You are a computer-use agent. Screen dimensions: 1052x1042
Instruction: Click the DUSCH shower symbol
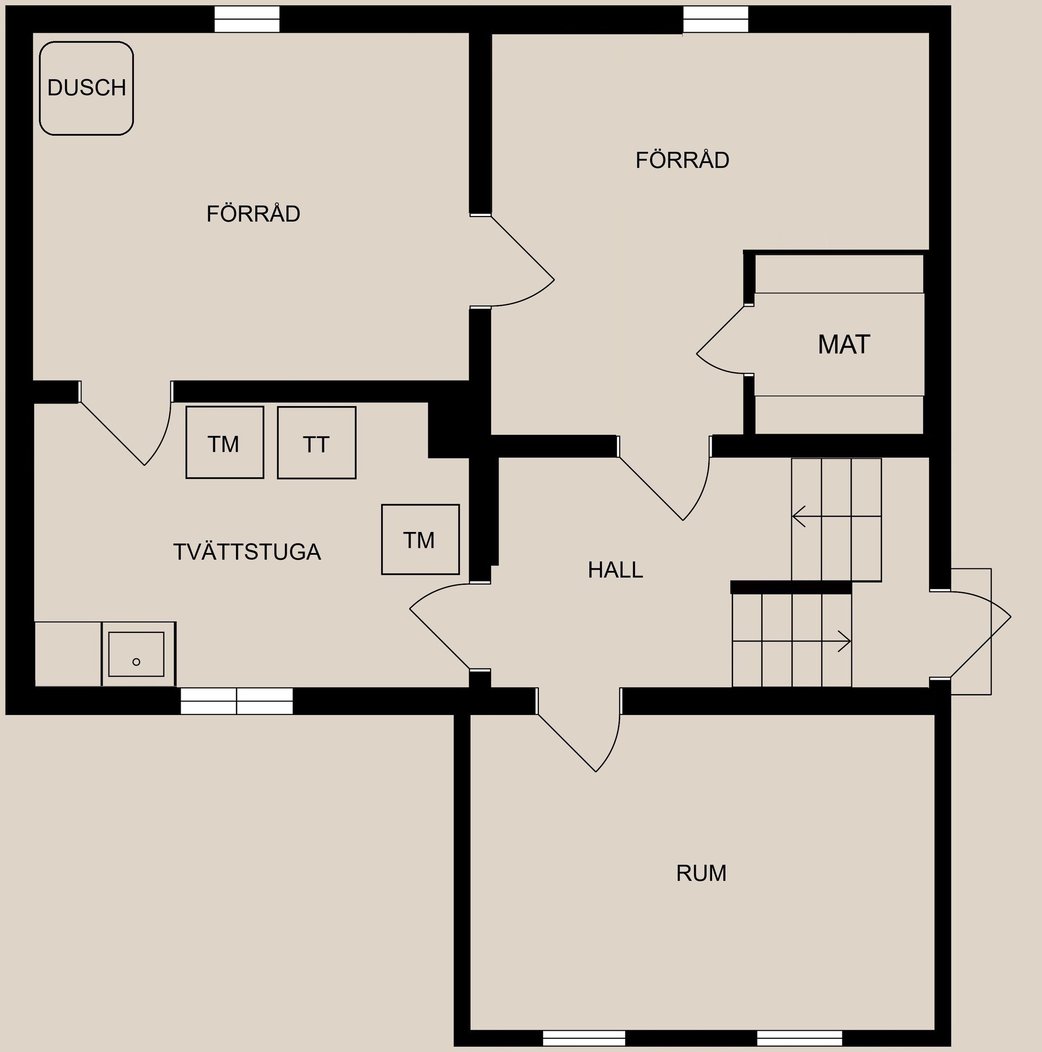click(86, 88)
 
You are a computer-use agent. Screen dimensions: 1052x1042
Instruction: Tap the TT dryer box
click(316, 443)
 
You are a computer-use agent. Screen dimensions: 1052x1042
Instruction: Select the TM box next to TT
click(224, 442)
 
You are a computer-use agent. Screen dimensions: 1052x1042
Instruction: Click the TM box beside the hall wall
click(420, 539)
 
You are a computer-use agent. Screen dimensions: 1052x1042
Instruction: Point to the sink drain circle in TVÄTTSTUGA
click(136, 662)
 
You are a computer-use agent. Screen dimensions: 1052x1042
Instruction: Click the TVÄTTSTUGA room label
click(246, 552)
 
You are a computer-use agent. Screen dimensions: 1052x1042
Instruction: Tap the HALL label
click(615, 570)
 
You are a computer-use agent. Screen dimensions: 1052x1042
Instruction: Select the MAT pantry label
click(843, 345)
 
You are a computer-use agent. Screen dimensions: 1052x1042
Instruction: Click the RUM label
click(701, 873)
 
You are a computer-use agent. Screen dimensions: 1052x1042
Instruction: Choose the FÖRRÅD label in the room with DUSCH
click(253, 214)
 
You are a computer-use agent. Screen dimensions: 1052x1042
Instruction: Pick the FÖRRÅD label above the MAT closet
click(682, 160)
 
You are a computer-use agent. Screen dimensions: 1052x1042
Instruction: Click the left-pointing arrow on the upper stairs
click(799, 516)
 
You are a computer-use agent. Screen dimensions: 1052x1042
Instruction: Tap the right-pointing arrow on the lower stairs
click(844, 641)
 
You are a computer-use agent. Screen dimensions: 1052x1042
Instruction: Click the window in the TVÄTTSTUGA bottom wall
click(236, 701)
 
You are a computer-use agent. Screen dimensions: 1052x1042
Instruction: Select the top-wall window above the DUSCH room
click(246, 19)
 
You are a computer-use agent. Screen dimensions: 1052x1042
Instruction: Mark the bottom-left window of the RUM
click(583, 1038)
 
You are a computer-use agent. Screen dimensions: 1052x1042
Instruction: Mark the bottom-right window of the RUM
click(799, 1038)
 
